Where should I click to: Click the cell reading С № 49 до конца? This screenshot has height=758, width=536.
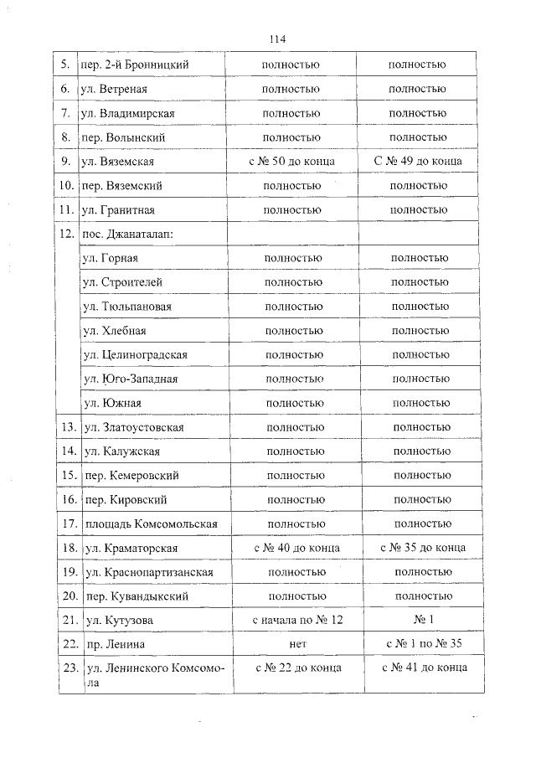tap(416, 161)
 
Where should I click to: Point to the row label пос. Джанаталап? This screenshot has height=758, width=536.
tap(128, 234)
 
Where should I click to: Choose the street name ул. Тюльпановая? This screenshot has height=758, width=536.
tap(127, 307)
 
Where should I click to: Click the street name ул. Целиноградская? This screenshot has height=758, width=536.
tap(135, 355)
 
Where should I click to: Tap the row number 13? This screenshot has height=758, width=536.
tap(69, 428)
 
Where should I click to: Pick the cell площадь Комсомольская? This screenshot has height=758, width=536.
tap(151, 524)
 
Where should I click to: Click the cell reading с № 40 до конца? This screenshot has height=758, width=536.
tap(296, 548)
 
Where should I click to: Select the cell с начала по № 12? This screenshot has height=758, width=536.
tap(297, 621)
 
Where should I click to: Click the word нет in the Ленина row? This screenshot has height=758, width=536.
tap(296, 644)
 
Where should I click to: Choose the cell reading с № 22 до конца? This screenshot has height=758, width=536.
tap(296, 668)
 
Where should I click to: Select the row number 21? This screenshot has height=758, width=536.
tap(69, 621)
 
